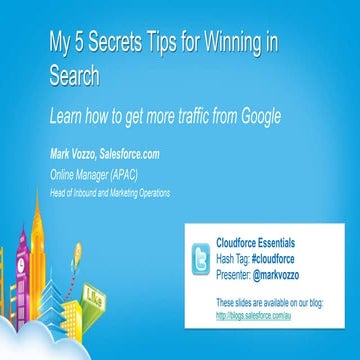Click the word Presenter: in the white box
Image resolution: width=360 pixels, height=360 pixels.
(238, 272)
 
